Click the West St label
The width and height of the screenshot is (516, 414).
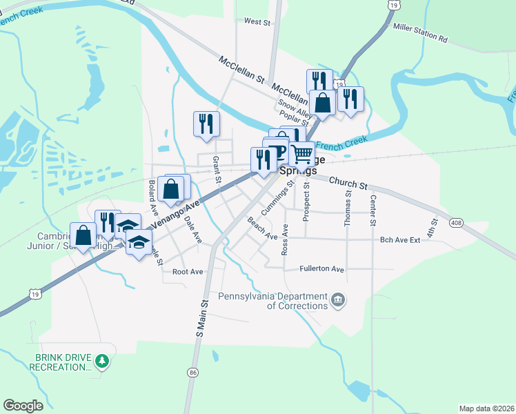pyautogui.click(x=257, y=22)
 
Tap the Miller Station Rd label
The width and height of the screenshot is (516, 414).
pyautogui.click(x=420, y=33)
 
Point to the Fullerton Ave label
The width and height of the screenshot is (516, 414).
pyautogui.click(x=322, y=269)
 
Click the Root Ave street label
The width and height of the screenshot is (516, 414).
pyautogui.click(x=188, y=272)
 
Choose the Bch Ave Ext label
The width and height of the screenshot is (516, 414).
pyautogui.click(x=400, y=240)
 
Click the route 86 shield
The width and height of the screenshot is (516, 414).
pyautogui.click(x=192, y=372)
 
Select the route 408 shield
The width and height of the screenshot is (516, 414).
pyautogui.click(x=456, y=223)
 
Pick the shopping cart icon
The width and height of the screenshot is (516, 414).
pyautogui.click(x=301, y=152)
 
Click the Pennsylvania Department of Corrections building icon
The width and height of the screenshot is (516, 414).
pyautogui.click(x=338, y=299)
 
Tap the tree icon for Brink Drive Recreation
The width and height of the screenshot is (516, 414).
pyautogui.click(x=102, y=361)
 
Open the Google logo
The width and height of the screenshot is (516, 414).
pyautogui.click(x=23, y=406)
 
